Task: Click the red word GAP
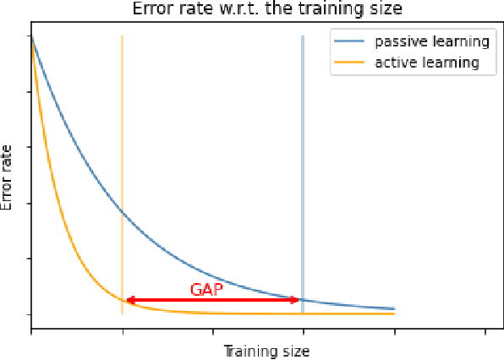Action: [x=207, y=289]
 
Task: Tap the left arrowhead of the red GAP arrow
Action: [x=129, y=299]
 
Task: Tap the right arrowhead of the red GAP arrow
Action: [x=296, y=299]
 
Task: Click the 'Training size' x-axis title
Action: [x=266, y=350]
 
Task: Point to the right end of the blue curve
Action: [x=394, y=308]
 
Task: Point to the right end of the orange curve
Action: [x=394, y=314]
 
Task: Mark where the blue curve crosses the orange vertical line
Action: [x=123, y=210]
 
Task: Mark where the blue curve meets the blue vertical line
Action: [x=303, y=300]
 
